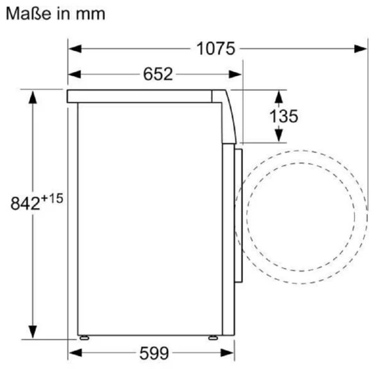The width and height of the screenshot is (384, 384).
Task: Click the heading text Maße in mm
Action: point(56,14)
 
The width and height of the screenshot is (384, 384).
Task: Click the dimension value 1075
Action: point(216,49)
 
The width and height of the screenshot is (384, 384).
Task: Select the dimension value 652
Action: point(158,74)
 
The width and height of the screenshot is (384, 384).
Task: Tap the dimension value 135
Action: point(283,116)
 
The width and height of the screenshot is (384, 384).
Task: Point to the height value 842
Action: point(25,203)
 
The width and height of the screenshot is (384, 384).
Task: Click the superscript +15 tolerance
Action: point(52,198)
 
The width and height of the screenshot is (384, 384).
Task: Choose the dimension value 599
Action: point(154,353)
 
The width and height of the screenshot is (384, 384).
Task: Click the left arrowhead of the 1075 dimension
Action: point(75,49)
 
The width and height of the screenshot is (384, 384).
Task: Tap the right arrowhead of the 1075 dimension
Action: point(360,49)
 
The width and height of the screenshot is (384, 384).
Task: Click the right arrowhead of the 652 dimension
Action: point(235,74)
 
